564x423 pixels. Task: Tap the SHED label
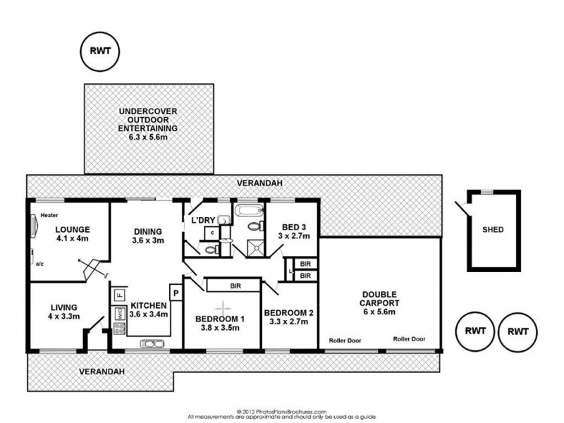(493, 229)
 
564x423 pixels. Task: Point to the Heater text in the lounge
(49, 215)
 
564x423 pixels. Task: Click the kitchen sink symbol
(152, 343)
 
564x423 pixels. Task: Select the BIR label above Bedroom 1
(235, 286)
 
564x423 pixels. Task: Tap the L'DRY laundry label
(203, 221)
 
